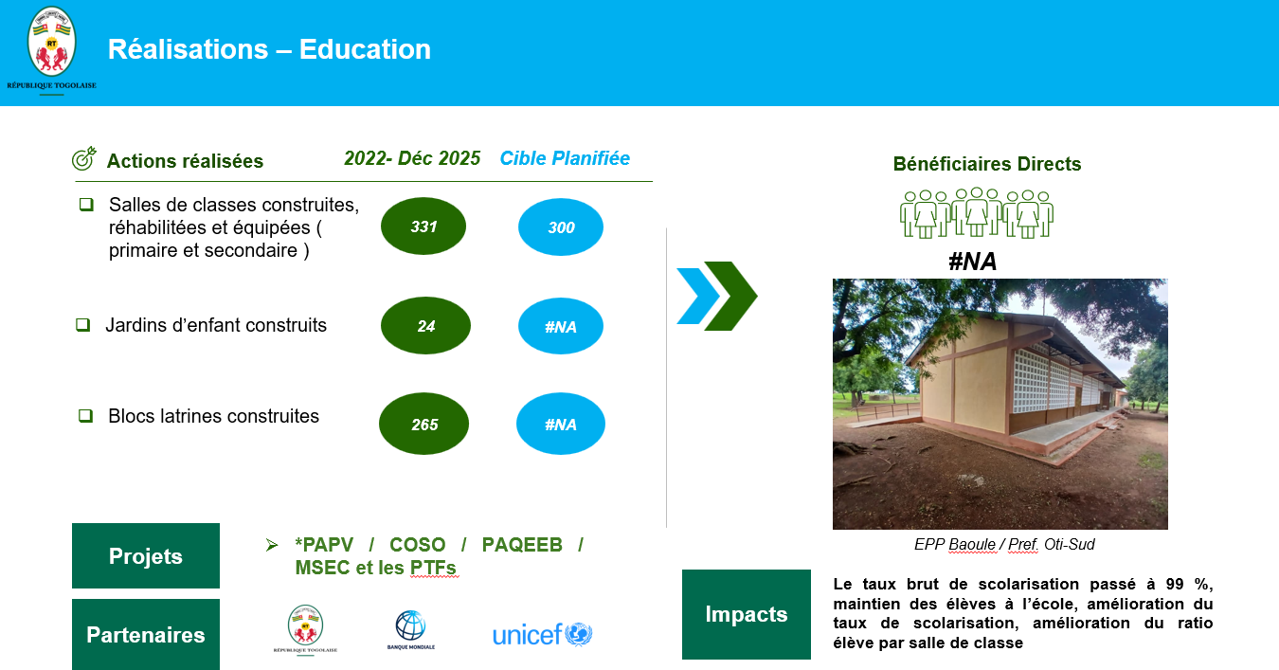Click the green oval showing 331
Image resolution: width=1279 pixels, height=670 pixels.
[423, 226]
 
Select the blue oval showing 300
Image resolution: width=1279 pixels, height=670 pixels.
[561, 226]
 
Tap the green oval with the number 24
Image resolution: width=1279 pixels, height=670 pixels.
[425, 326]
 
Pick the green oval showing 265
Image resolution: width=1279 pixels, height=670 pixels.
[423, 424]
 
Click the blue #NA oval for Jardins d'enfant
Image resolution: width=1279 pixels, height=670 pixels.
[561, 326]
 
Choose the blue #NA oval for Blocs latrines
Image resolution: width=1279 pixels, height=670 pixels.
[561, 424]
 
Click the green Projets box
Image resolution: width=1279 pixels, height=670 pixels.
[146, 555]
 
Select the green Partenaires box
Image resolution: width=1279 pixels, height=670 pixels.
[146, 635]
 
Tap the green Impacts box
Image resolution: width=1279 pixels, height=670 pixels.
[747, 614]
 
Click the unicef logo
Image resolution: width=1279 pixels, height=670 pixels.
[543, 635]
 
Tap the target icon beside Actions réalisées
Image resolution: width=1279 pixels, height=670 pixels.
[84, 159]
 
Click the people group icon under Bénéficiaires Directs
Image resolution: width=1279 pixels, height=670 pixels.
[977, 212]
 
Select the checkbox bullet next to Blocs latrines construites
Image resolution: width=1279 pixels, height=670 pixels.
[85, 415]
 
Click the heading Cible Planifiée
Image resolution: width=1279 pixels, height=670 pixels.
[565, 158]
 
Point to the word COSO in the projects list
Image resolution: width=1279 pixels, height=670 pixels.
[418, 545]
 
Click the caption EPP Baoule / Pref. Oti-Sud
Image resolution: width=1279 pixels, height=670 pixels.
[1004, 544]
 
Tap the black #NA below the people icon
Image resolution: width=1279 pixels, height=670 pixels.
[972, 262]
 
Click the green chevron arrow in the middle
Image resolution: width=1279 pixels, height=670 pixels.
[730, 296]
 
